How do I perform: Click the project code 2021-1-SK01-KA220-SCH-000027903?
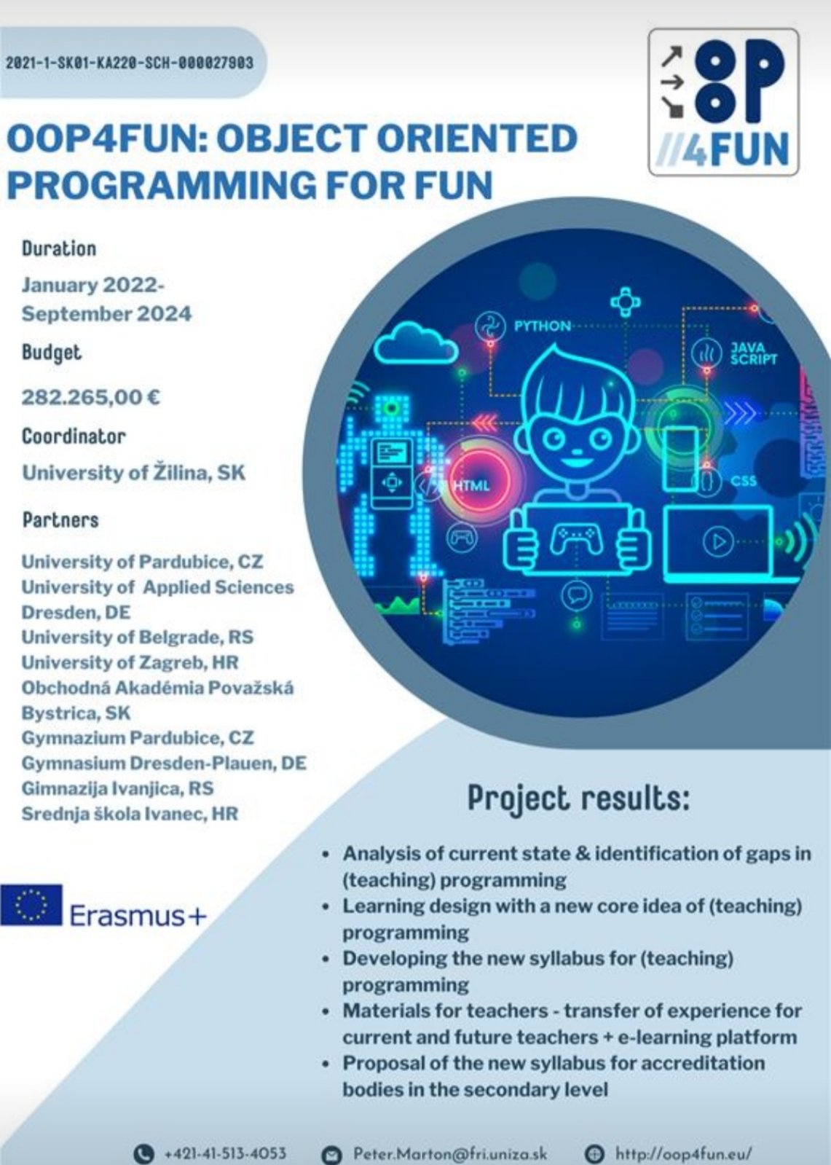tap(130, 63)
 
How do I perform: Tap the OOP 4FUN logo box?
tap(723, 102)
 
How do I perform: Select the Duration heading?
tap(59, 248)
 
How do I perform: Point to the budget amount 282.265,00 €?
tap(90, 397)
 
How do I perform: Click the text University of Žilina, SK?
tap(133, 473)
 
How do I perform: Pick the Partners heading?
tap(60, 520)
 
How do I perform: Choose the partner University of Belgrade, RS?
tap(138, 637)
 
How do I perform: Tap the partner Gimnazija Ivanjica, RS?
tap(117, 788)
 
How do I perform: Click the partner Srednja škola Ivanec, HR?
tap(130, 814)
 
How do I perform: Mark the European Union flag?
tap(31, 905)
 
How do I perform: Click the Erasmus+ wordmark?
tap(138, 915)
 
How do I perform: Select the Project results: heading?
tap(579, 799)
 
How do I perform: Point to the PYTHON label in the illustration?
tap(542, 326)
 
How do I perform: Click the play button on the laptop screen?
tap(719, 542)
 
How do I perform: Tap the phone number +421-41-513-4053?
tap(225, 1153)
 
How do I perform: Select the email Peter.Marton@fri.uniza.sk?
tap(450, 1153)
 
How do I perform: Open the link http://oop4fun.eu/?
tap(684, 1153)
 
